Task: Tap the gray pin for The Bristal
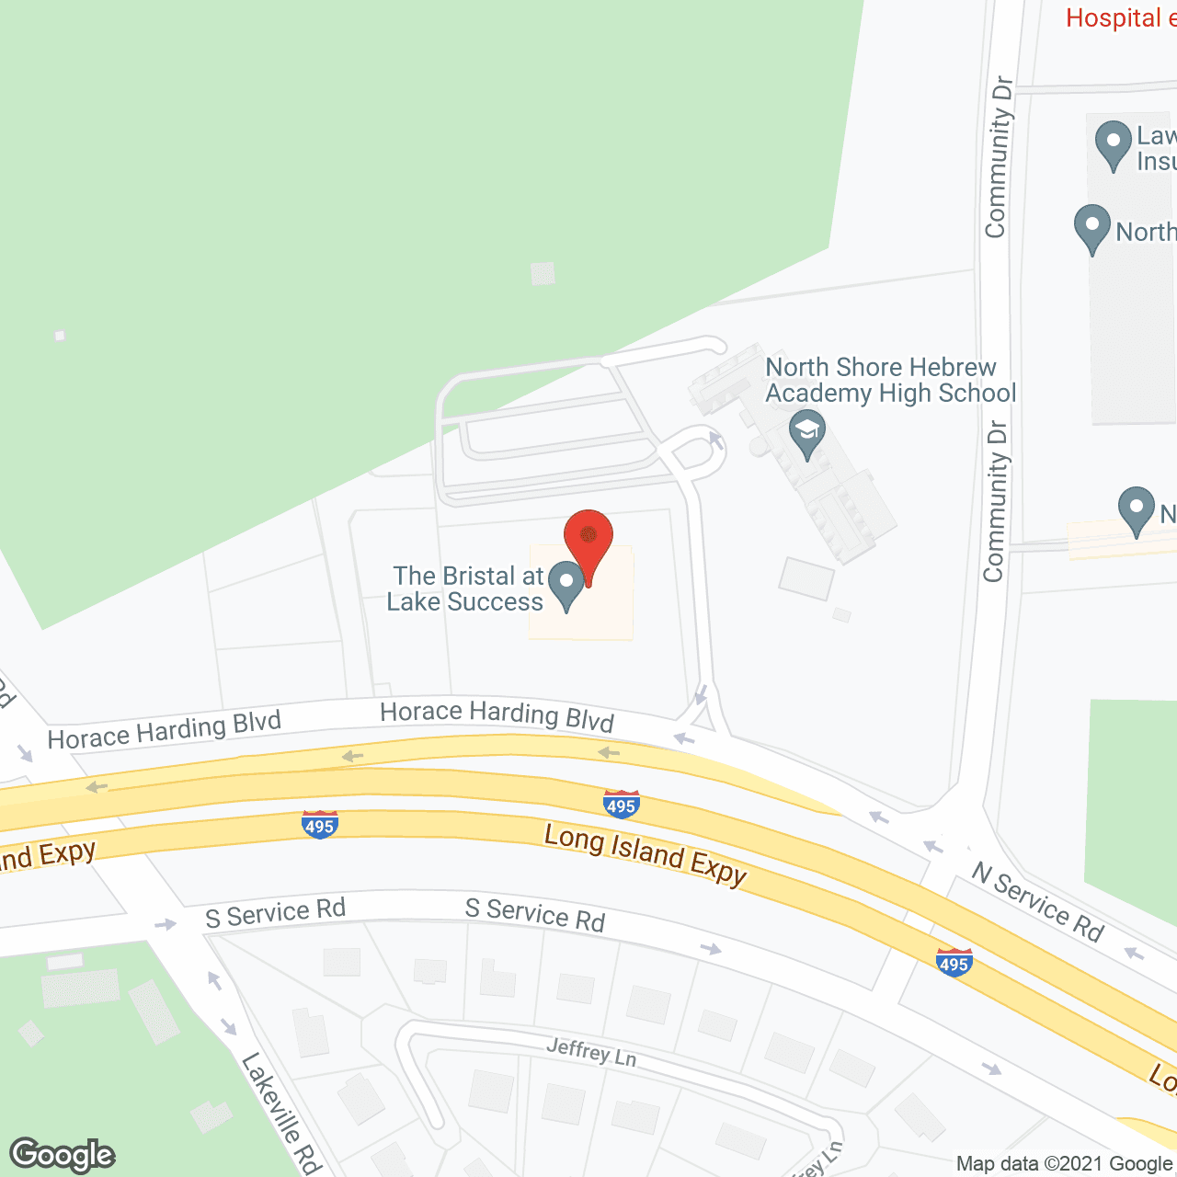point(566,583)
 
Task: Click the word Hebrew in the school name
point(952,367)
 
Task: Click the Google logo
point(63,1154)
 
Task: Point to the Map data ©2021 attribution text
point(1064,1164)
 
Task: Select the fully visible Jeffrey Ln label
point(590,1052)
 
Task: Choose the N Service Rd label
point(1037,902)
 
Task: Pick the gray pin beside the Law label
point(1114,143)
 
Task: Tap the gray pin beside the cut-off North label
point(1092,227)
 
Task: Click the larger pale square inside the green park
point(543,273)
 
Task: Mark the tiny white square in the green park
point(60,336)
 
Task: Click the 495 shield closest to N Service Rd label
point(954,963)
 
